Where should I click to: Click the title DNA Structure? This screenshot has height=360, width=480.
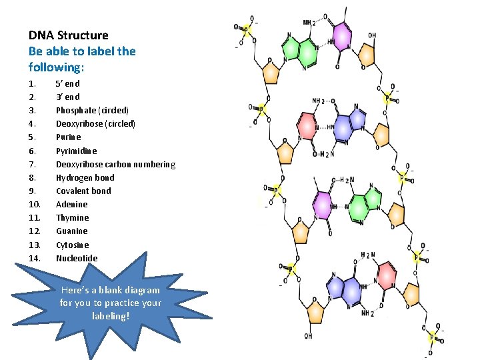click(68, 35)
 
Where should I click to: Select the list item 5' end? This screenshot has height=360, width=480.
click(67, 83)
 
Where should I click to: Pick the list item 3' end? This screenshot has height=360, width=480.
click(67, 97)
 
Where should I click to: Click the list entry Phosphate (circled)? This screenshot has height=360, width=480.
click(92, 110)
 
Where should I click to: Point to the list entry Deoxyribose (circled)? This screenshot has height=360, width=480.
click(95, 123)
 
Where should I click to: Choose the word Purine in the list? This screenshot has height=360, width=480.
click(68, 137)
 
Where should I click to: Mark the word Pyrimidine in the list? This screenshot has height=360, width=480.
click(76, 151)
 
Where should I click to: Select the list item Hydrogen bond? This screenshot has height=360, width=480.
click(85, 177)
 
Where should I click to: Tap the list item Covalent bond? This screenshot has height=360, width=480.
click(83, 191)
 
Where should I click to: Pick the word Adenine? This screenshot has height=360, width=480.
click(71, 204)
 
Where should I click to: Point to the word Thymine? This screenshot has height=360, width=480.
click(72, 217)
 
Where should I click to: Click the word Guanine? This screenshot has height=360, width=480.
click(71, 231)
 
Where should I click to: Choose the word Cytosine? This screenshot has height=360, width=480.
click(72, 245)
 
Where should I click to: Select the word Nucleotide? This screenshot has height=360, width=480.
click(77, 258)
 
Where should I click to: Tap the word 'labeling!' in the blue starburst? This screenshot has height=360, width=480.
click(110, 315)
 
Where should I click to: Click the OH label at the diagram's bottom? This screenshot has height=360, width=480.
click(308, 336)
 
